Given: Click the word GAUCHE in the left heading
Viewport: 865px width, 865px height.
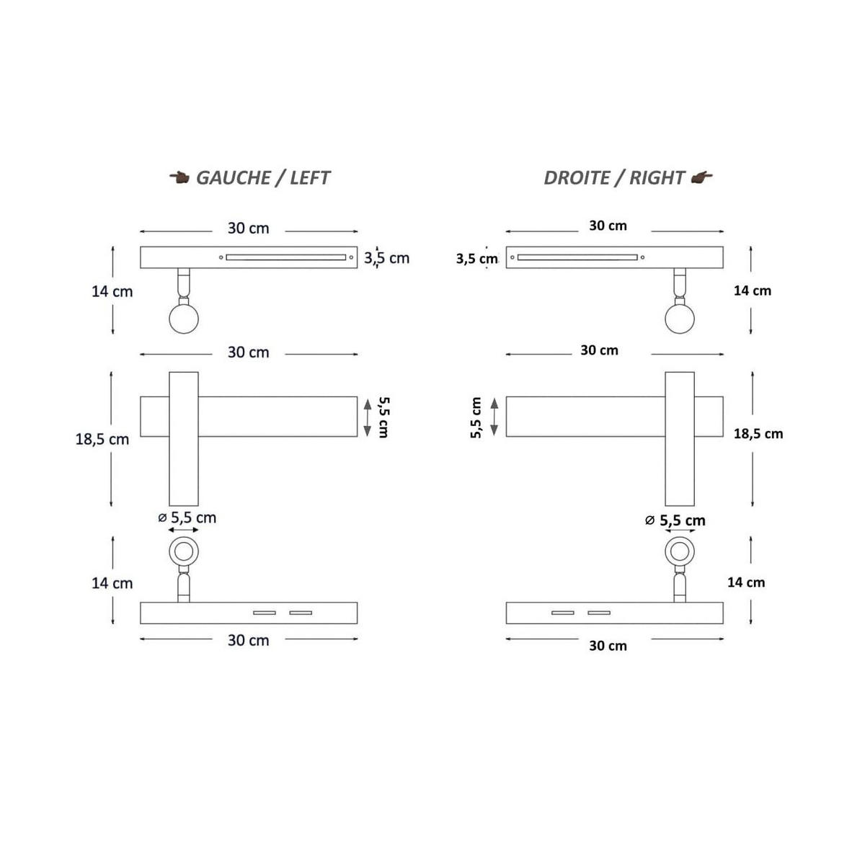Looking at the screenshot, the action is point(233,178).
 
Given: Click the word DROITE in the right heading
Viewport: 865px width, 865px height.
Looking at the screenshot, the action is point(577,178).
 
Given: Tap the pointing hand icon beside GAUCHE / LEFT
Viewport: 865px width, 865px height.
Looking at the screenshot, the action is point(179,177).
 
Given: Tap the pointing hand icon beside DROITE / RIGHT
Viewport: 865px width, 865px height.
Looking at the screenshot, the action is point(701,177).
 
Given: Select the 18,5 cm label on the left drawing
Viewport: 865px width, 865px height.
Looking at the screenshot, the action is point(102,439).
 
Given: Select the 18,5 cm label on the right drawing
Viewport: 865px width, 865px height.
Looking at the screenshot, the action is point(758,434).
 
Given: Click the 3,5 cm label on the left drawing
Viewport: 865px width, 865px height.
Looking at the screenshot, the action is point(386,258).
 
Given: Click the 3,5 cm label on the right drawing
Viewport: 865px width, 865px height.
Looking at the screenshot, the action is point(476,259).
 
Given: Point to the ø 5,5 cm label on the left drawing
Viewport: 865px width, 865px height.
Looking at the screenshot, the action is point(187,518).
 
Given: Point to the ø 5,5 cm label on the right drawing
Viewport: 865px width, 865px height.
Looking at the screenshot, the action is point(675,520).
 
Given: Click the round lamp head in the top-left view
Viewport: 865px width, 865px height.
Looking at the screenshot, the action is point(184,319).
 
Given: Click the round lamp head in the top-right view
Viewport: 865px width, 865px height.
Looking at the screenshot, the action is point(680,319).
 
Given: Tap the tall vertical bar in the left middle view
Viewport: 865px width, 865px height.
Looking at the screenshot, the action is point(184,438).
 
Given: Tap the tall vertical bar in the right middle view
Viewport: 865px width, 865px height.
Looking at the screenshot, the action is point(680,438).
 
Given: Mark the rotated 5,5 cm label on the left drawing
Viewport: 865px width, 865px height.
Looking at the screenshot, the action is point(383,417).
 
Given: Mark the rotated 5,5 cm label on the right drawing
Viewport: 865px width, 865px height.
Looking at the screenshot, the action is point(476,417).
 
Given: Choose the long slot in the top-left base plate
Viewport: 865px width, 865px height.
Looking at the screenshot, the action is point(286,257).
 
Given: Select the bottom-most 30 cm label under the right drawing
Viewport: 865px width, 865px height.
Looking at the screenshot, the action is point(608,645).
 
